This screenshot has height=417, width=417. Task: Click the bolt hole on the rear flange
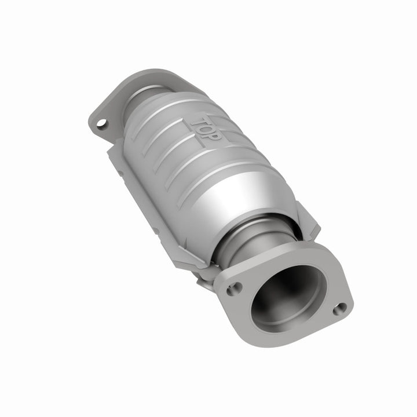[x=102, y=123]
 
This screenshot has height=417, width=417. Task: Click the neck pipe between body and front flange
[x=255, y=243]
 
